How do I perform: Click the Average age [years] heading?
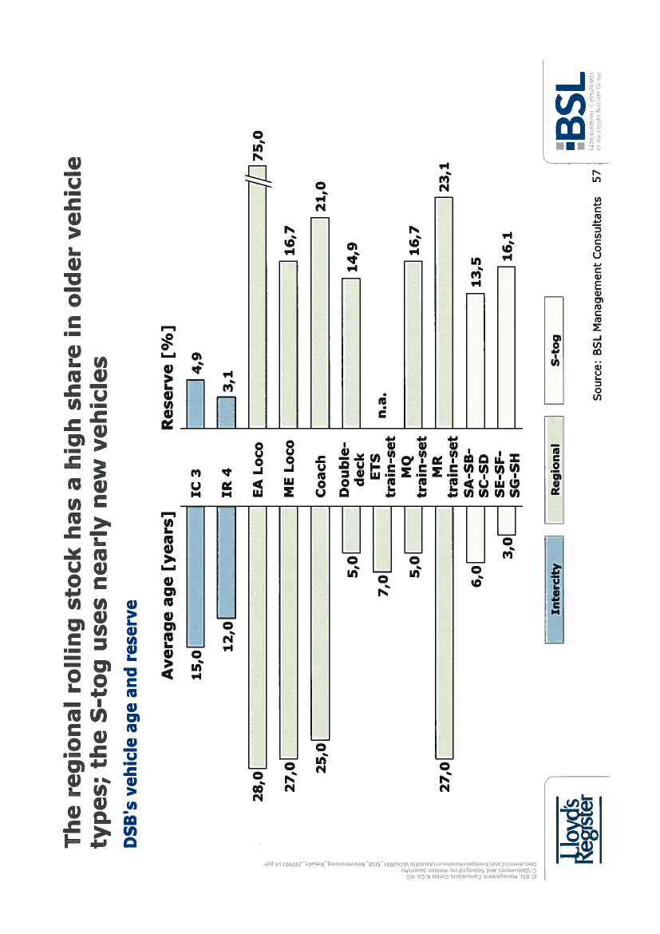168,595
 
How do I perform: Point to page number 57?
595,177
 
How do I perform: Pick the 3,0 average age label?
508,545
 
